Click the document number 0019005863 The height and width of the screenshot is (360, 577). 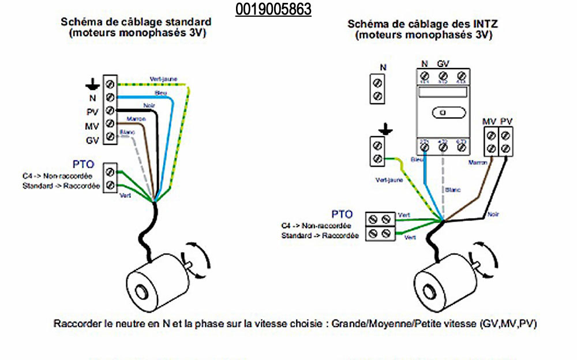[x=273, y=9]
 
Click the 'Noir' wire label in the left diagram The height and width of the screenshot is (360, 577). [x=149, y=105]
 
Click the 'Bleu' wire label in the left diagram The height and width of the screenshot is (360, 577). [x=161, y=93]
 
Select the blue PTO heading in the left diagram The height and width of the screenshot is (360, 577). [x=83, y=164]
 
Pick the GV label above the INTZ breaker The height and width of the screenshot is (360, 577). [x=443, y=63]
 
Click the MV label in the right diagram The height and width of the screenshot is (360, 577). [x=489, y=121]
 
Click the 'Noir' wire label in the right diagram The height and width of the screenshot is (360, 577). [x=492, y=214]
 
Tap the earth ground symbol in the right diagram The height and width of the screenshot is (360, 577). [x=380, y=127]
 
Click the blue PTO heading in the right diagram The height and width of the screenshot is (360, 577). [x=343, y=214]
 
